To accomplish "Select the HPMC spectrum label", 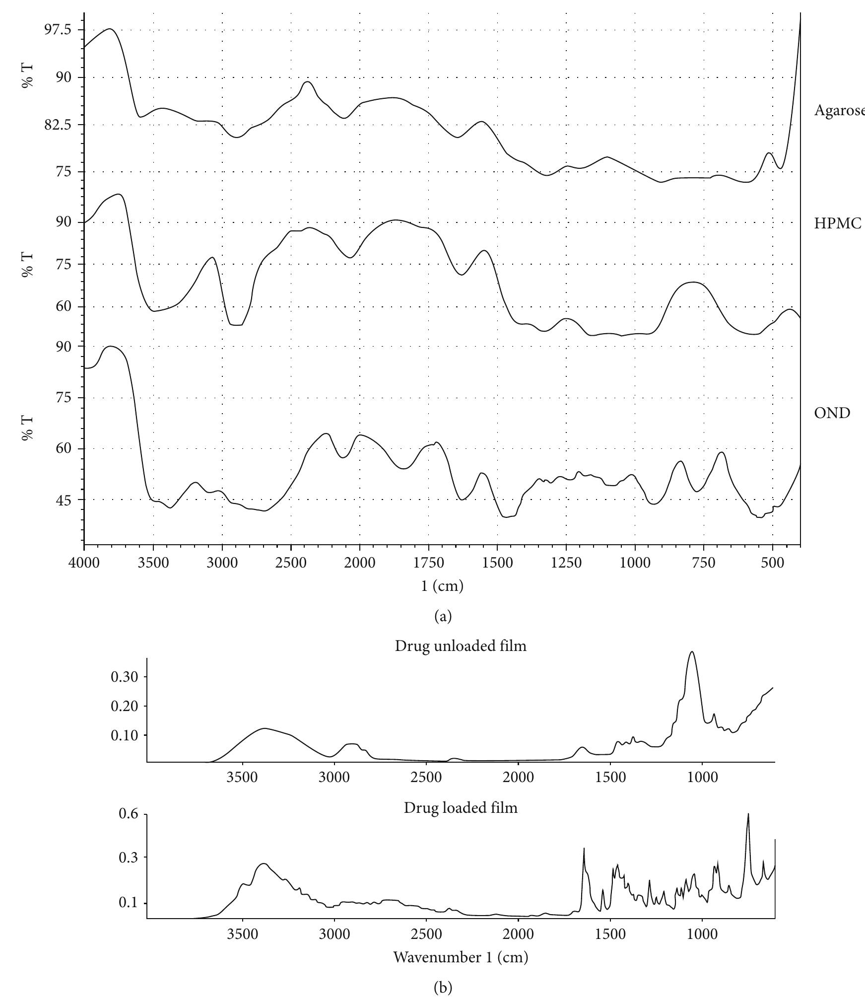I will click(x=838, y=224).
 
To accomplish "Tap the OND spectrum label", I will click(x=832, y=413).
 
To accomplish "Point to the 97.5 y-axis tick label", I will click(x=58, y=30).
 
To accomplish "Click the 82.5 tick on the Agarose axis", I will click(x=58, y=125).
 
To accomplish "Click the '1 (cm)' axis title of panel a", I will click(x=442, y=586).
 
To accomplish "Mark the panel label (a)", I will click(x=443, y=616).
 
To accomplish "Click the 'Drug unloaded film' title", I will click(x=461, y=646).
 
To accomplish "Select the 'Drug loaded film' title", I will click(x=461, y=808).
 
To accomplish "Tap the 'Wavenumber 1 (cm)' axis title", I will click(x=461, y=957).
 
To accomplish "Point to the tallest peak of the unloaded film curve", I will click(x=692, y=652).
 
